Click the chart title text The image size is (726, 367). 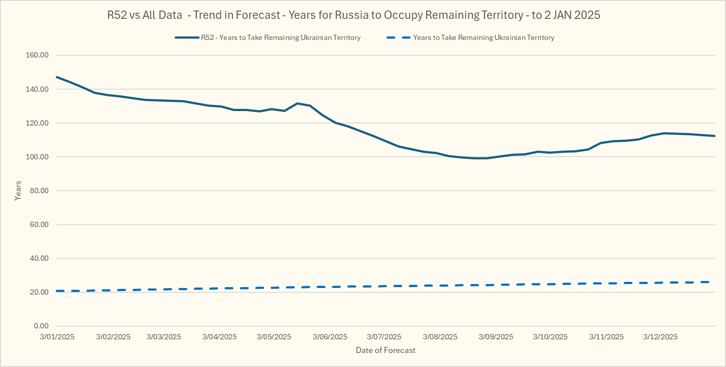point(354,15)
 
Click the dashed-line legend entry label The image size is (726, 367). point(483,38)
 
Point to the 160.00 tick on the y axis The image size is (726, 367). point(37,55)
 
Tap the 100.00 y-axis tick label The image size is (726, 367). point(37,157)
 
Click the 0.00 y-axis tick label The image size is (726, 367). point(41,326)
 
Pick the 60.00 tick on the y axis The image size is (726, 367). point(39,224)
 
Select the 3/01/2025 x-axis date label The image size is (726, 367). point(57,337)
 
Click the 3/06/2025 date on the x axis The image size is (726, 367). point(330,337)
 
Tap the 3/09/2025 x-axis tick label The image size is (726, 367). point(496,337)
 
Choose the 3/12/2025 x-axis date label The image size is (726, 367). point(660,337)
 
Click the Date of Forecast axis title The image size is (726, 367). point(386,350)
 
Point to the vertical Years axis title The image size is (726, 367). point(18,191)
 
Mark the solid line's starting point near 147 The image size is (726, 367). point(57,77)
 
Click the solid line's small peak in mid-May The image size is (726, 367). point(297,104)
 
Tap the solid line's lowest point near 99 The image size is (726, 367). point(480,158)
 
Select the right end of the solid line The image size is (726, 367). point(715,136)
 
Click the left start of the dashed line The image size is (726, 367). point(57,291)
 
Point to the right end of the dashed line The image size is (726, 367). point(709,282)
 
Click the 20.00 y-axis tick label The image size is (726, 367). point(39,292)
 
